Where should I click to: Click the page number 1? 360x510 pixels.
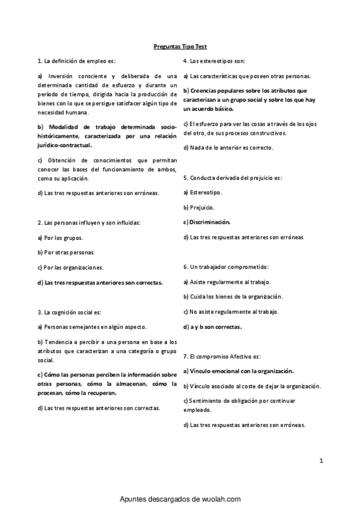click(322, 461)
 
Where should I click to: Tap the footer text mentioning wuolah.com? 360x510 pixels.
click(180, 499)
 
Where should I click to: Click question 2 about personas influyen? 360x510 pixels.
click(88, 223)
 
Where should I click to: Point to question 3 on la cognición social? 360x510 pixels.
click(69, 312)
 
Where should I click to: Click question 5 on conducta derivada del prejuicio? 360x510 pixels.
click(232, 178)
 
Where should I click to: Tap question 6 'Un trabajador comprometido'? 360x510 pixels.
click(225, 267)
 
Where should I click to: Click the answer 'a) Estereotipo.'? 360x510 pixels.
click(202, 192)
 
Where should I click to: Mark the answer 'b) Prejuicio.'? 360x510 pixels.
click(199, 207)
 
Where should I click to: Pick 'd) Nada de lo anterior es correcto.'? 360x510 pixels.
click(228, 147)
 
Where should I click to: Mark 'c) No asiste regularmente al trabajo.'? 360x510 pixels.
click(231, 312)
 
